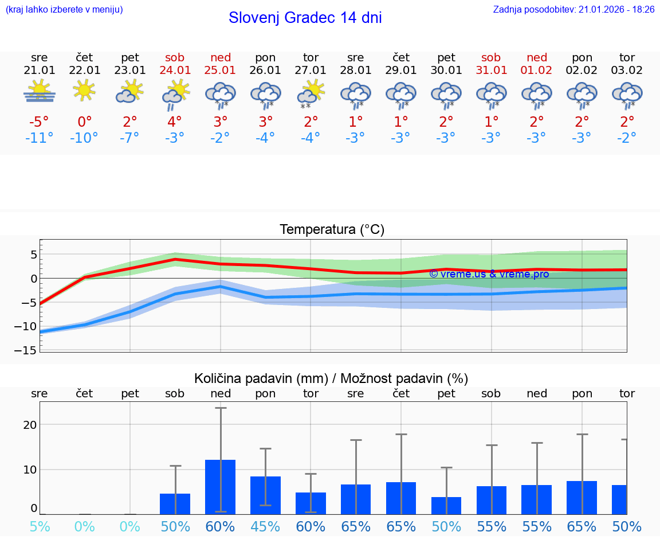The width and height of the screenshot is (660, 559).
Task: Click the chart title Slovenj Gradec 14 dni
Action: [x=305, y=18]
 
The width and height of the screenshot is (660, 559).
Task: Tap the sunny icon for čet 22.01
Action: [x=85, y=91]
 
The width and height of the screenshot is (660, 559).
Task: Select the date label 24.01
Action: [x=175, y=71]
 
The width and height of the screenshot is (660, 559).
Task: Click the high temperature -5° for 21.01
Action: [x=40, y=122]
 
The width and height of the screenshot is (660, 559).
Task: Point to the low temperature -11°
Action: [x=40, y=138]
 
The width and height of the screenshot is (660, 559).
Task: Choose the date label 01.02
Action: [x=537, y=71]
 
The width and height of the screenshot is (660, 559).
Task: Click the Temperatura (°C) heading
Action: [x=332, y=230]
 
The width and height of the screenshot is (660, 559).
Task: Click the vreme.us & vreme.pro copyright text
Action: [x=489, y=274]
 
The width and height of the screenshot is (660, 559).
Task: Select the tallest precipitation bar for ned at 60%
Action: [x=221, y=487]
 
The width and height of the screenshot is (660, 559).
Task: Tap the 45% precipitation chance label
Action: [x=265, y=527]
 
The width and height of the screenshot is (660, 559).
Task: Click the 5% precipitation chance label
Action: [x=40, y=527]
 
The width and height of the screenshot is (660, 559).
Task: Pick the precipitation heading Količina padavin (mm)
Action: [x=261, y=378]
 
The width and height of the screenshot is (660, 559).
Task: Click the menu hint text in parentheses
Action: [x=64, y=9]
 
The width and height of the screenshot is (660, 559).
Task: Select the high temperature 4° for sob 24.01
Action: [x=175, y=122]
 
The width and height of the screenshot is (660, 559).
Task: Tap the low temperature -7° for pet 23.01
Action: [x=130, y=138]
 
